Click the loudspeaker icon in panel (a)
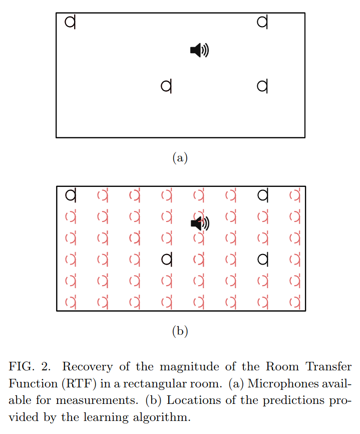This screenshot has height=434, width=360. click(x=199, y=50)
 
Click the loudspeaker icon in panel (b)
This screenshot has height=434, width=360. click(x=200, y=223)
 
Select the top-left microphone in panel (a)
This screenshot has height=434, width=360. click(x=71, y=22)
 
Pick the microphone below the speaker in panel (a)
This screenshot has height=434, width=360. click(x=166, y=86)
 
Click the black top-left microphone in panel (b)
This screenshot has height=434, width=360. click(x=71, y=194)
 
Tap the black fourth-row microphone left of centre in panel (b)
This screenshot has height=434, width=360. click(x=167, y=259)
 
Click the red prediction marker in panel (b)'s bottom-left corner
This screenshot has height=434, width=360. click(x=71, y=302)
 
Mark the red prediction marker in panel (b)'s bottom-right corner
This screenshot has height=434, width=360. click(x=295, y=302)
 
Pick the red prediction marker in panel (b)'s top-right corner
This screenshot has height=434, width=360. click(x=295, y=194)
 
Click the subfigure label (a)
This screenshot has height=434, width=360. click(x=180, y=158)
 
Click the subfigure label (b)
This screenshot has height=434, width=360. click(x=180, y=331)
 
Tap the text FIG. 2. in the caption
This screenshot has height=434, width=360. click(x=28, y=366)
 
